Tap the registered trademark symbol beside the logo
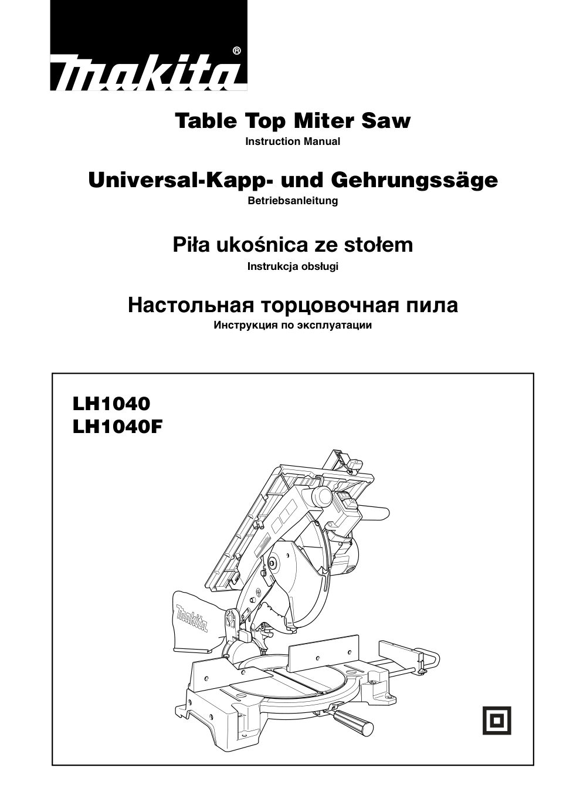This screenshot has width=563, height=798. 236,51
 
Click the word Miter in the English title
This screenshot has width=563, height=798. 326,121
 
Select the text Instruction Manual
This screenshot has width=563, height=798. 293,141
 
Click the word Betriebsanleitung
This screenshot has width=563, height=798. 293,201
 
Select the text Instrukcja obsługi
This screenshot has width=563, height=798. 293,266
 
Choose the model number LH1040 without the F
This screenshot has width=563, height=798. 111,404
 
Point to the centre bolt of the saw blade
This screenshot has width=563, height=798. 273,564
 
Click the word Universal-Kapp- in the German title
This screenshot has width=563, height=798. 155,180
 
